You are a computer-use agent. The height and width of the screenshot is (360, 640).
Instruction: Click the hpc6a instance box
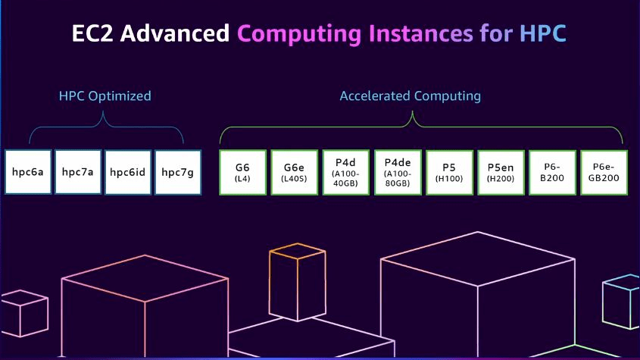point(28,172)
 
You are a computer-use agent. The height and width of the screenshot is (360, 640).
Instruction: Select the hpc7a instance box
point(78,172)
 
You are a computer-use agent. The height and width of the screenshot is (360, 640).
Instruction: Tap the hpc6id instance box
point(128,172)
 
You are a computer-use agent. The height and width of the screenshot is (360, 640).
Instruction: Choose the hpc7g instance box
point(178,172)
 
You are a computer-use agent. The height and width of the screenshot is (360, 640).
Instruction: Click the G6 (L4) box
point(242,173)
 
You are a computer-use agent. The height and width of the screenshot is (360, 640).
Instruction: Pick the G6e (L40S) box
point(295,173)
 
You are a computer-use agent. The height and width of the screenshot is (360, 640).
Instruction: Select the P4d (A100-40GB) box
point(345,173)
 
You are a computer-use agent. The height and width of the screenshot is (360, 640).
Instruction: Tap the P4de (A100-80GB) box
point(398,173)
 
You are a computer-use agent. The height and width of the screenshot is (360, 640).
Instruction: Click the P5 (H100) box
point(449,173)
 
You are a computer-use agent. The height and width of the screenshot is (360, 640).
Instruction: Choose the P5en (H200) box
point(501,173)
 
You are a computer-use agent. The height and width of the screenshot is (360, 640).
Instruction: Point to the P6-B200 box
point(552,173)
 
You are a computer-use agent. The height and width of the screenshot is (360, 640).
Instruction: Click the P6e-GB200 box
point(604,173)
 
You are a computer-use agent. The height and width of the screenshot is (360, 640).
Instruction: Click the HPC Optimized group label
point(105,96)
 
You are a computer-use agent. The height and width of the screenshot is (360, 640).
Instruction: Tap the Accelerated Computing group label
point(411,96)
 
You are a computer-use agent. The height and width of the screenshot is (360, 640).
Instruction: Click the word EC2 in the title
point(92,33)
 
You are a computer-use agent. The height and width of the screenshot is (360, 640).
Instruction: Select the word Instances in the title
point(421,33)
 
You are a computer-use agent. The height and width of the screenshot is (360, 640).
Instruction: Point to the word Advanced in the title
point(175,33)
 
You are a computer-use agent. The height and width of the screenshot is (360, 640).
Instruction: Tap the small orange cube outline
point(297,282)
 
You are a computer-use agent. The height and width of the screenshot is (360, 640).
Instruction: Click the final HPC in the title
point(543,33)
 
